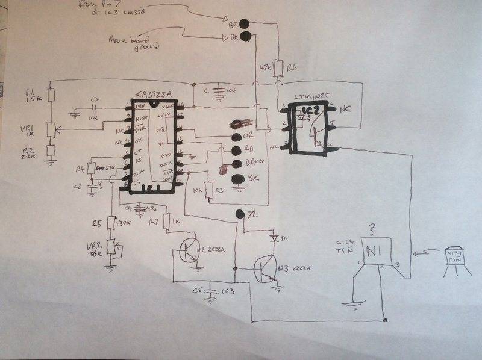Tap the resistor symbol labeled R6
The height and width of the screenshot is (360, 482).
coord(278,67)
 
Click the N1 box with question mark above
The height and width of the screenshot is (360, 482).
coord(377,252)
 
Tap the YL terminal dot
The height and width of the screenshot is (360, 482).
coord(240,214)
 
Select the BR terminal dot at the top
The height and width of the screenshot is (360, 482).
coord(244,25)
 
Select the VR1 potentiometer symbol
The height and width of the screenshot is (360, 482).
coord(51,128)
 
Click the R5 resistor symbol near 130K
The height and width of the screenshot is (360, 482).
coord(111,224)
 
